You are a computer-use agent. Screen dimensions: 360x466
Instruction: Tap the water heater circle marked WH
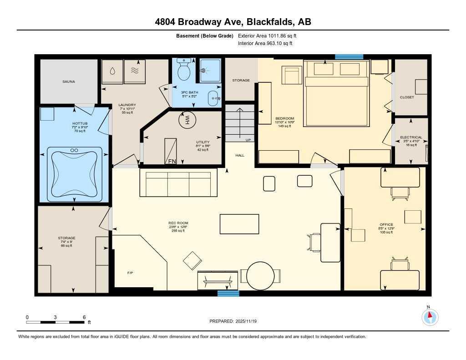click(x=186, y=121)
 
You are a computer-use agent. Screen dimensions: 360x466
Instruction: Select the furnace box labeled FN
click(x=171, y=151)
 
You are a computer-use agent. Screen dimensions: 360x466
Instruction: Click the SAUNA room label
click(x=69, y=81)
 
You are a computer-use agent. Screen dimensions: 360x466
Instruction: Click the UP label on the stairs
click(x=248, y=140)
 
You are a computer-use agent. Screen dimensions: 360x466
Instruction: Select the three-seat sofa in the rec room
click(x=175, y=184)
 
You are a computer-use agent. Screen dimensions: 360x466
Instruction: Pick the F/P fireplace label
click(x=130, y=273)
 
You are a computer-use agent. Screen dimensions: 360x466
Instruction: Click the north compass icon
click(x=430, y=316)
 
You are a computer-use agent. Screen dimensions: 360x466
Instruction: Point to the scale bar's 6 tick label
click(x=84, y=317)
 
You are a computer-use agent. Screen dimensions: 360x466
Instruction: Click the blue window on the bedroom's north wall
click(x=349, y=57)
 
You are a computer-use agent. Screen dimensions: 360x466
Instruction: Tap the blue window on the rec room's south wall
click(x=228, y=294)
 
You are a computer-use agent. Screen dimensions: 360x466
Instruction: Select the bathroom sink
click(x=213, y=97)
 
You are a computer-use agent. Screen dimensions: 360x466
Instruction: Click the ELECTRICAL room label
click(x=411, y=137)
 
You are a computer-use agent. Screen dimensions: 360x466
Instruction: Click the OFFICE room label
click(x=386, y=224)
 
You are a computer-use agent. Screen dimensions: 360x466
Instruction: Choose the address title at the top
click(x=233, y=22)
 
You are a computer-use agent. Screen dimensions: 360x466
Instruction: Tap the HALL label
click(x=240, y=155)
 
